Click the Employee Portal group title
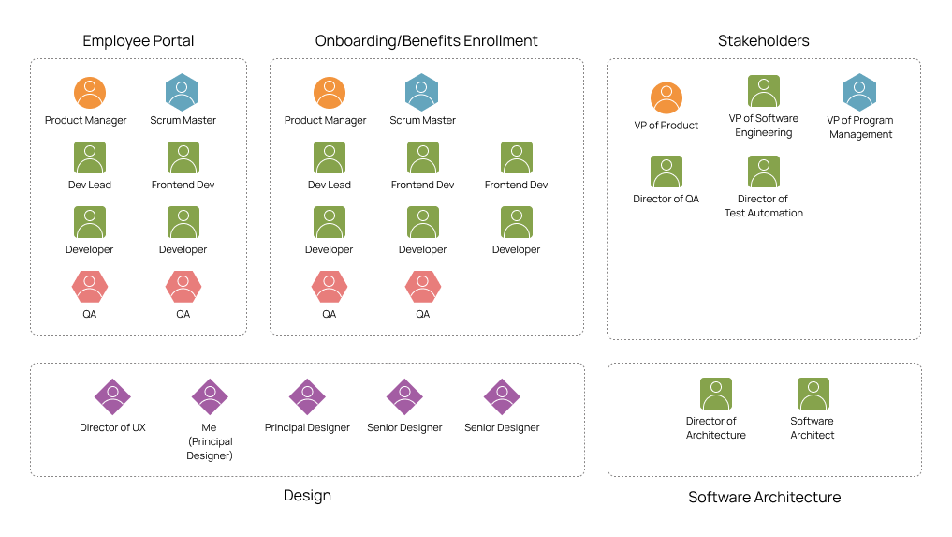(x=139, y=41)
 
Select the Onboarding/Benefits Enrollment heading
(x=426, y=41)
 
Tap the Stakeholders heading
(x=763, y=41)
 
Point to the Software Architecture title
(x=764, y=498)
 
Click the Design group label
(x=307, y=496)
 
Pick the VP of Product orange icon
(x=666, y=97)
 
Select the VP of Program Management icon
(x=859, y=93)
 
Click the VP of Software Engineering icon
(x=764, y=92)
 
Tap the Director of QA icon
(x=666, y=172)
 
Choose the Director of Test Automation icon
(x=764, y=172)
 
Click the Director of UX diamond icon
(x=112, y=396)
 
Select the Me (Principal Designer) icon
(x=210, y=396)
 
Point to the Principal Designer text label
(x=307, y=428)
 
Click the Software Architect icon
(x=813, y=394)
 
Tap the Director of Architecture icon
(x=716, y=394)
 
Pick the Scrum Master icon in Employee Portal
(x=183, y=93)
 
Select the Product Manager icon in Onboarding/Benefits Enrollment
(x=330, y=93)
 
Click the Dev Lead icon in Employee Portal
(x=90, y=157)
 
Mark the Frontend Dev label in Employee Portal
(x=183, y=186)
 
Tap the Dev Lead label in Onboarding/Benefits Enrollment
(x=330, y=186)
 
